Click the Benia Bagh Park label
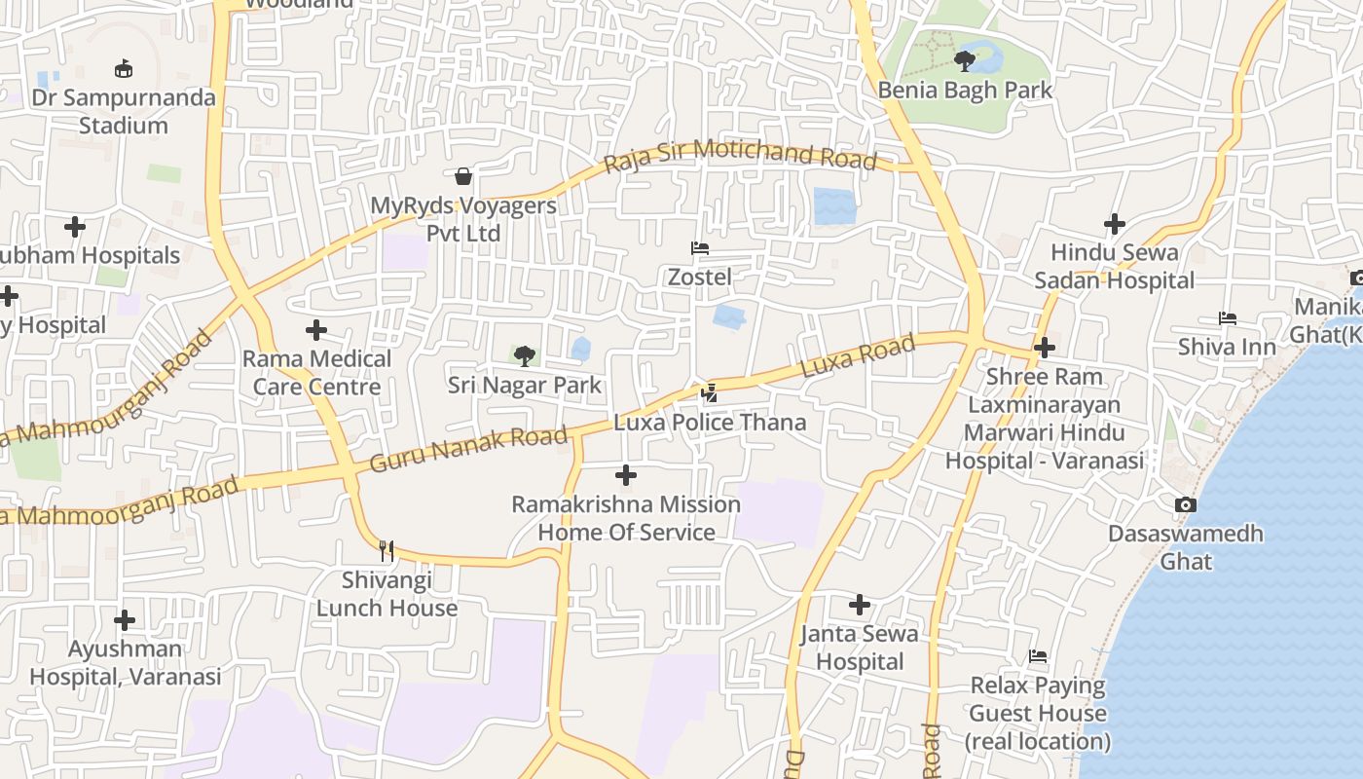pyautogui.click(x=965, y=91)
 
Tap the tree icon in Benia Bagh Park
pyautogui.click(x=965, y=61)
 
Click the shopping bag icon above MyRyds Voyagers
pyautogui.click(x=463, y=176)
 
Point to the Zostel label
pyautogui.click(x=699, y=277)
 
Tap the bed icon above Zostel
pyautogui.click(x=699, y=248)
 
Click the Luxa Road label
pyautogui.click(x=858, y=355)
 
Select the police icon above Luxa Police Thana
pyautogui.click(x=710, y=393)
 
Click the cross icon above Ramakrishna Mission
pyautogui.click(x=626, y=475)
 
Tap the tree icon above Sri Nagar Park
pyautogui.click(x=524, y=356)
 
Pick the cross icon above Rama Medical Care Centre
pyautogui.click(x=316, y=330)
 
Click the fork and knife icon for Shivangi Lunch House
pyautogui.click(x=387, y=551)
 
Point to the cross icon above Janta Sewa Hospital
pyautogui.click(x=859, y=605)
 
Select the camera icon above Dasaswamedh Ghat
pyautogui.click(x=1185, y=504)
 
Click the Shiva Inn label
pyautogui.click(x=1227, y=347)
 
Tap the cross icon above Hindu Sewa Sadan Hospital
pyautogui.click(x=1115, y=224)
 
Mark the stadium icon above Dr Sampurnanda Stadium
pyautogui.click(x=124, y=69)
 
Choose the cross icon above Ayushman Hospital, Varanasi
pyautogui.click(x=125, y=619)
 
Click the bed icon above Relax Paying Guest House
pyautogui.click(x=1038, y=657)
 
